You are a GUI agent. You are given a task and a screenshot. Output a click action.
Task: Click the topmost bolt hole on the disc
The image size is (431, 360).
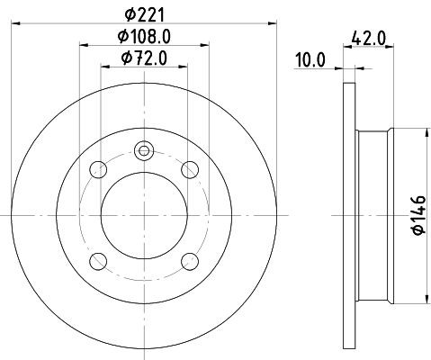tap(144, 151)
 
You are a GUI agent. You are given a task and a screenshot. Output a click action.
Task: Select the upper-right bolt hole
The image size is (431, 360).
tap(188, 169)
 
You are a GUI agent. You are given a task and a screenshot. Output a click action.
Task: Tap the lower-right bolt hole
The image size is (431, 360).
tap(188, 260)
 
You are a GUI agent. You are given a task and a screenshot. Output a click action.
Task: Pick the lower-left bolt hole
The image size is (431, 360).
tap(100, 260)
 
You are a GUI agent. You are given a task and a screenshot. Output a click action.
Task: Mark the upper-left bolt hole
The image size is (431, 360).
tap(100, 169)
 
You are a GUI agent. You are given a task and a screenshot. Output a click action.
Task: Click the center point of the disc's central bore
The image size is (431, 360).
tap(144, 215)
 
